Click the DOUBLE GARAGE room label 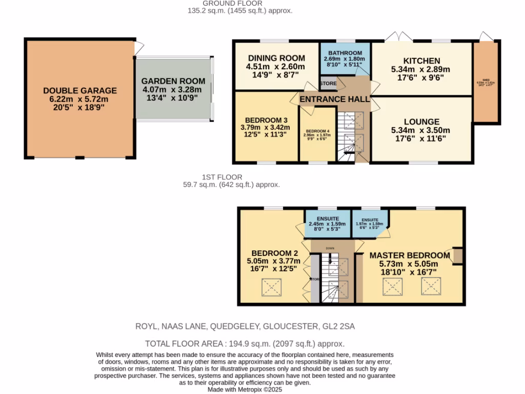coord(79,91)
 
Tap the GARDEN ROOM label coord(173,81)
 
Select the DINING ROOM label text coord(276,58)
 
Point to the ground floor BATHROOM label coord(345,53)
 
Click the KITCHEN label coord(421,61)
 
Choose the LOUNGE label coord(421,122)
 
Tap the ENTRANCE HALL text coord(334,99)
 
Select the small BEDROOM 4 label coord(318,130)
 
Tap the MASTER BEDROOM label coord(410,255)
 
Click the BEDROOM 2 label coord(275,253)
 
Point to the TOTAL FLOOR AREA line coord(245,344)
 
